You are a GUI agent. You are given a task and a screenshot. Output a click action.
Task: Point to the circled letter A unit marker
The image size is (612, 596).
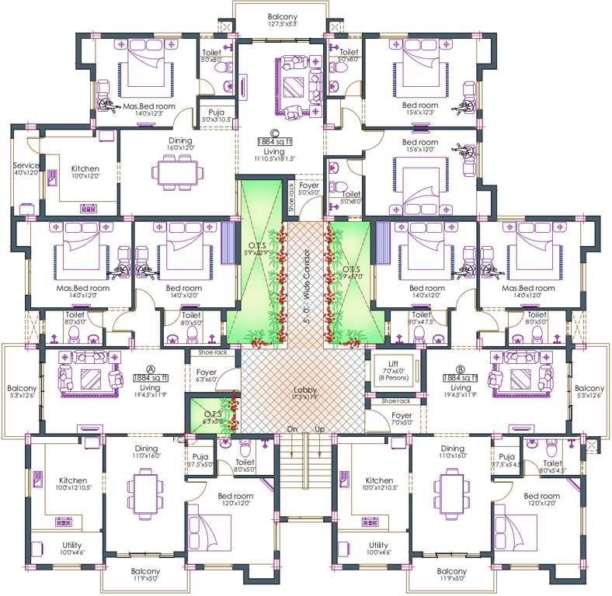150,369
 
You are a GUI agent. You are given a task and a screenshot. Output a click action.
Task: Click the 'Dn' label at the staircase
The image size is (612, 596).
292,429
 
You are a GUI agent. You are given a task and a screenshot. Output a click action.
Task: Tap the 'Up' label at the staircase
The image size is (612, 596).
318,429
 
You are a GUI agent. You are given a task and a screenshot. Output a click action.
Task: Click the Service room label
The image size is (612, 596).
26,165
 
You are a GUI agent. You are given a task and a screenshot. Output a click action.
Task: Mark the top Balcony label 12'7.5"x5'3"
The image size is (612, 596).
282,19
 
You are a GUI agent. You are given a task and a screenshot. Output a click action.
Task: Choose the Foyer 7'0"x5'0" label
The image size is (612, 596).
402,419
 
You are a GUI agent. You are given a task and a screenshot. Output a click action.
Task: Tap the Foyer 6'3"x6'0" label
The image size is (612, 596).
206,376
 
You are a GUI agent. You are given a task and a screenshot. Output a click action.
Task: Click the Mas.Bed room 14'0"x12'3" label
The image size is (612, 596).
144,109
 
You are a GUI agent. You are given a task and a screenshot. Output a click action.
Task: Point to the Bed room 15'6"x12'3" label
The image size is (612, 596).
420,109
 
